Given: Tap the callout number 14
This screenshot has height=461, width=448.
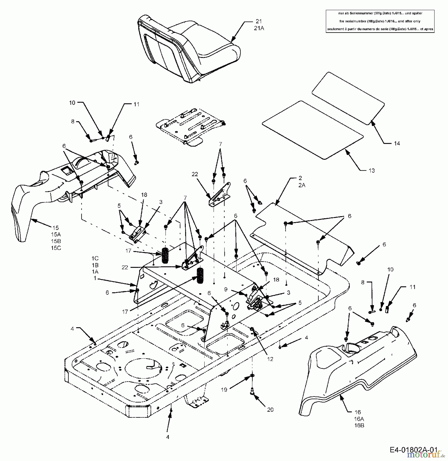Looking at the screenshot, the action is pos(397,143).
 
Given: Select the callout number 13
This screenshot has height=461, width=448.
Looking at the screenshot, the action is pos(371,171).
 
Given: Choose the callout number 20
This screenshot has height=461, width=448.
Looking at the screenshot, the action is pos(270,410).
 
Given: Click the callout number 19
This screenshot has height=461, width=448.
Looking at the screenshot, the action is pos(224,390).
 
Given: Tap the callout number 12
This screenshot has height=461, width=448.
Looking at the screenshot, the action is pos(270,359).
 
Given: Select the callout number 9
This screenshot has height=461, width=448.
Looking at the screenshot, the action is pos(226,289).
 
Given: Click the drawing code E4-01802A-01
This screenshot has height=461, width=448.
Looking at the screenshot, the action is pos(413,450).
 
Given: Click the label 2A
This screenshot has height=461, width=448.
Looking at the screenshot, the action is pos(302,185).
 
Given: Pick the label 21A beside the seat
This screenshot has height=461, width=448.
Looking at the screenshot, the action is pos(259,28).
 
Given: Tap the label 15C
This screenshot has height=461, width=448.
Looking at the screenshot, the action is pos(56,248).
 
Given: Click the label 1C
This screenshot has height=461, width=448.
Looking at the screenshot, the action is pos(95,258).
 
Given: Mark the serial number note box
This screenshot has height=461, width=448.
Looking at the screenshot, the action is pos(380,21).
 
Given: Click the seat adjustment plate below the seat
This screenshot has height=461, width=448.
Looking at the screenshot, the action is pos(191,127).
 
